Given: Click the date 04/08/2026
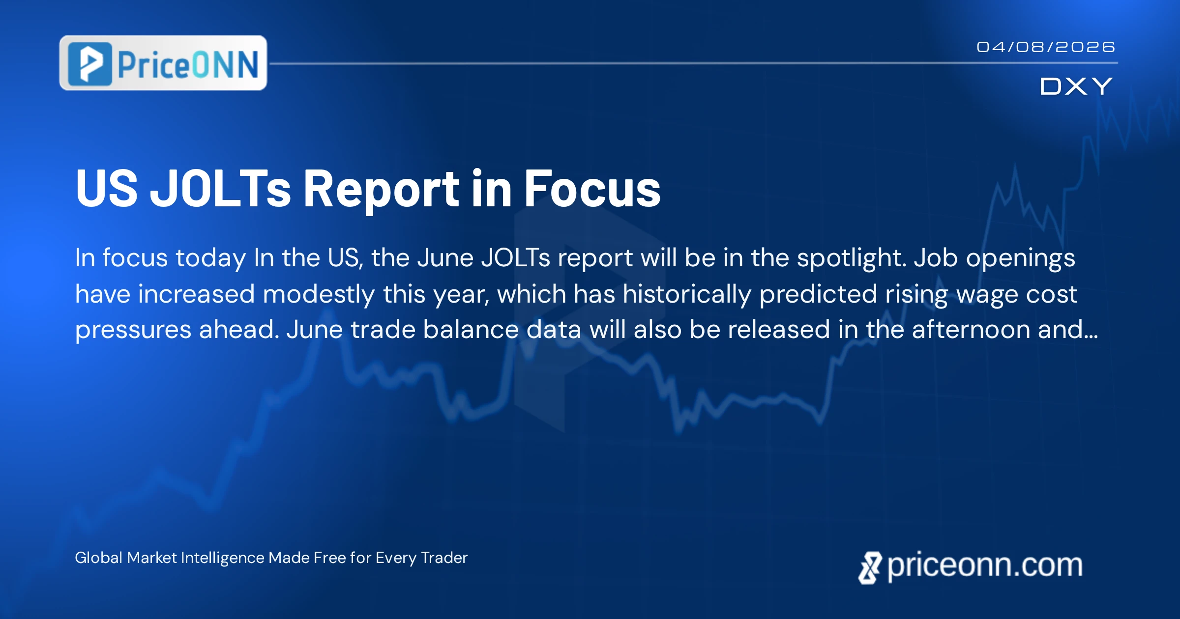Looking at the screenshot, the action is [1045, 47].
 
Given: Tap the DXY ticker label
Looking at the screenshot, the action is [1076, 86].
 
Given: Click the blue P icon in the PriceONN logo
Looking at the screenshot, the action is [90, 64].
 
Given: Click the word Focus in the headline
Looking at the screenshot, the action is [592, 189].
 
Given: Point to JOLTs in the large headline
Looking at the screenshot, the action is [220, 188].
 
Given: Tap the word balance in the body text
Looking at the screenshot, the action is [471, 330].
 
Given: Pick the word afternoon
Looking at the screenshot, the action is [971, 330].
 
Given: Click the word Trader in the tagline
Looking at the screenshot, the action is [444, 558].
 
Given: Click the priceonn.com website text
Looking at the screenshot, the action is [985, 565].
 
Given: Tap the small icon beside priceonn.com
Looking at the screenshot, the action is [870, 568].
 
